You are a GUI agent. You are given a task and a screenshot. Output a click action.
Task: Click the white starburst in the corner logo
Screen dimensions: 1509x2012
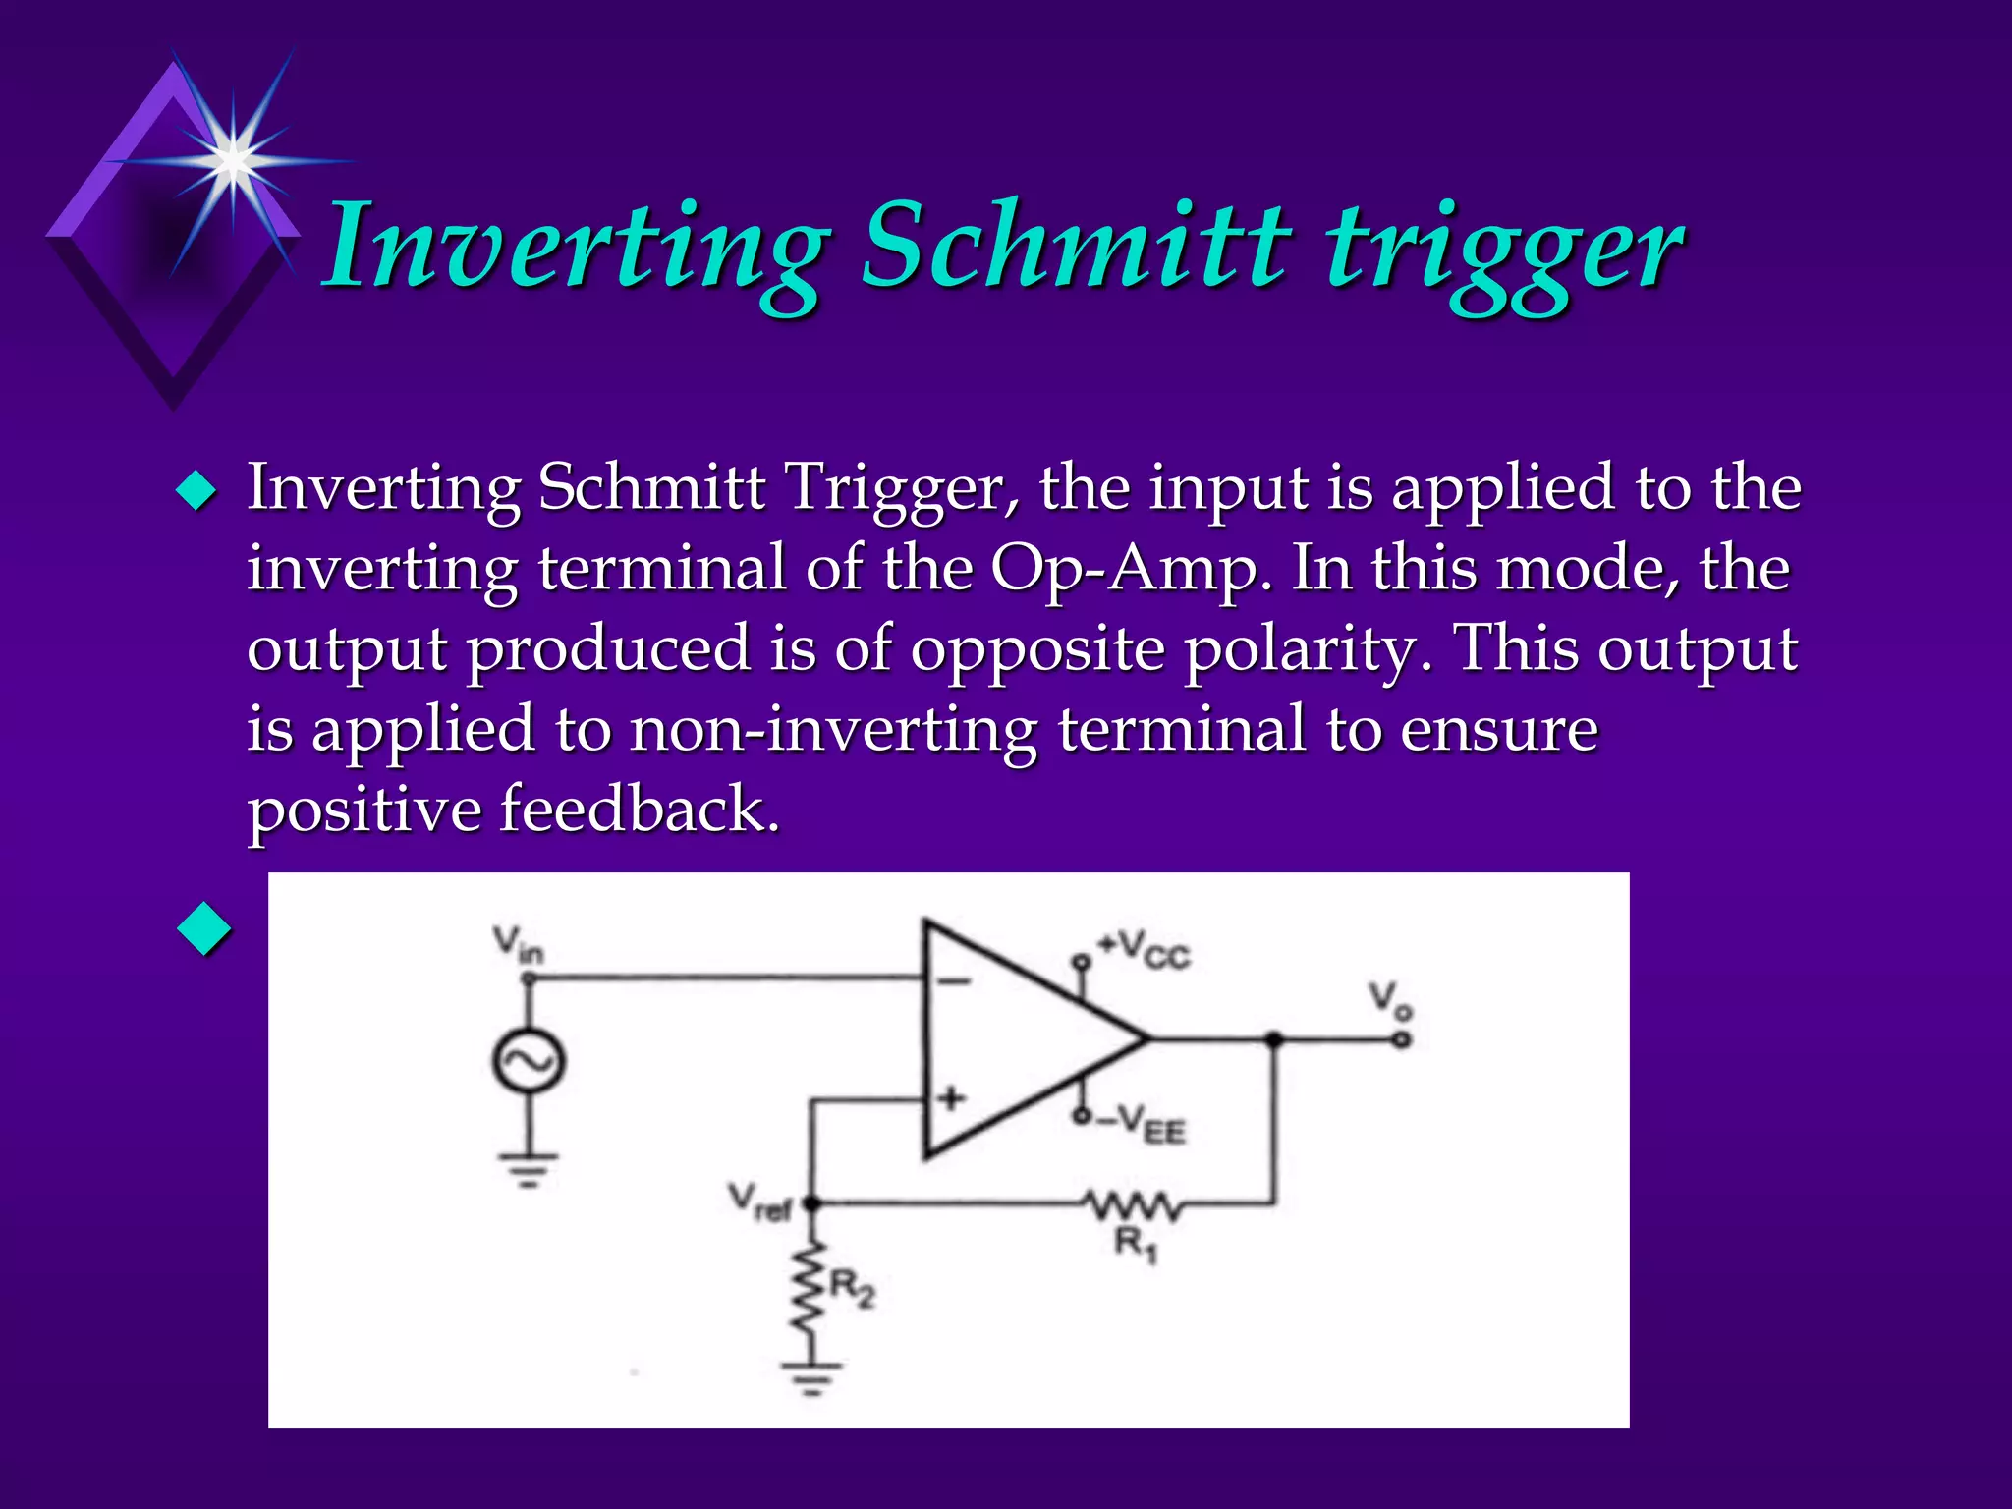(233, 160)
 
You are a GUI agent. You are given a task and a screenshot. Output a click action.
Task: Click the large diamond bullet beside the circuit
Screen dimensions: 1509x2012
(205, 928)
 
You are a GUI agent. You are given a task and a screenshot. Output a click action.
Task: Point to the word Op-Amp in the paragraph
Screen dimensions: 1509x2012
(1130, 570)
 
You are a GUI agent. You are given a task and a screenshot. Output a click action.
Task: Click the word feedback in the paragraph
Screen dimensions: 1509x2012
(639, 810)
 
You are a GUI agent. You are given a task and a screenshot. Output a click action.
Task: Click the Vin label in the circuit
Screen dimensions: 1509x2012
(518, 945)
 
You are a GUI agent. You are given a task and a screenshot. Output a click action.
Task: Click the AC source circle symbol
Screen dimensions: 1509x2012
(529, 1061)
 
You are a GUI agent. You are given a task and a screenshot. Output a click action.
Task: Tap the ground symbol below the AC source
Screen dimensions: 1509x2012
(529, 1169)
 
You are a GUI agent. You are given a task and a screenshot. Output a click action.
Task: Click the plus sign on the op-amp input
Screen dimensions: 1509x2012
(950, 1098)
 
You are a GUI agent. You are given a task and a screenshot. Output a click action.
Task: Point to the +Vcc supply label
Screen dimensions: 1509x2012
(1145, 950)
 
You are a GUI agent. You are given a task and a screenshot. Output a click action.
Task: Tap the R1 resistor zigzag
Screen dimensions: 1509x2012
(1135, 1204)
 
